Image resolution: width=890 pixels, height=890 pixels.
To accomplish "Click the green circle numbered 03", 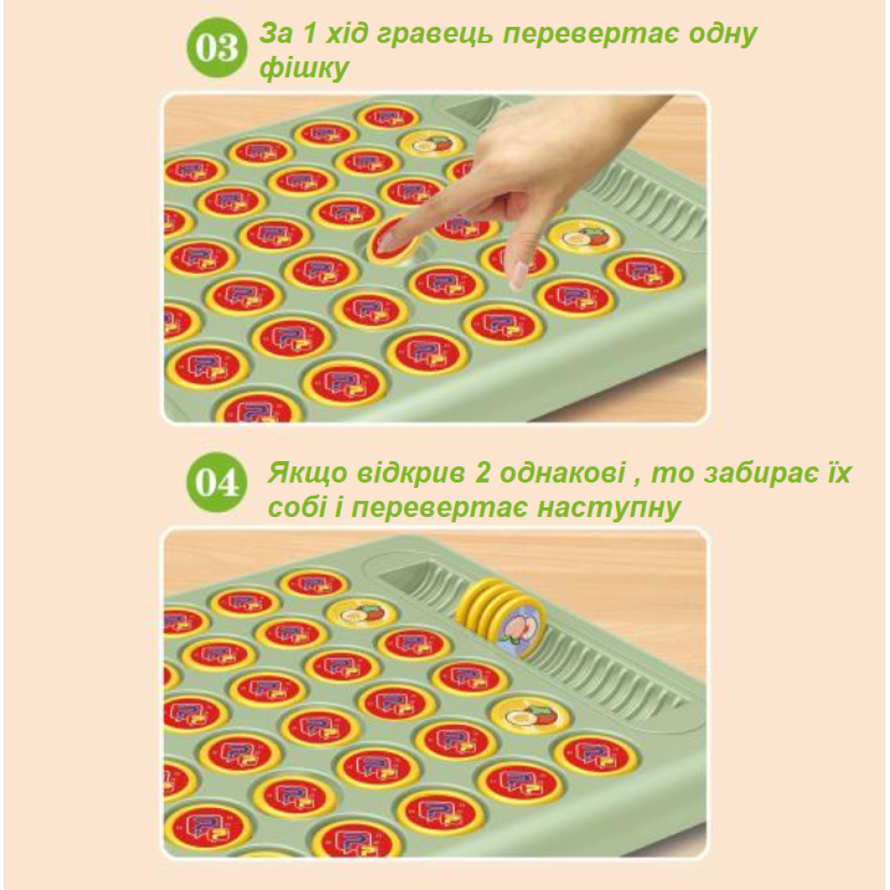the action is click(x=217, y=48).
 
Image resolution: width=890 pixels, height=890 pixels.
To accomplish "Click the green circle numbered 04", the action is click(x=217, y=482).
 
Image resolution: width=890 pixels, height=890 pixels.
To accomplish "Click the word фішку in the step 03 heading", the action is click(x=304, y=69).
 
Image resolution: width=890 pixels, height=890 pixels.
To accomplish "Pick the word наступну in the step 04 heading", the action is click(x=609, y=507).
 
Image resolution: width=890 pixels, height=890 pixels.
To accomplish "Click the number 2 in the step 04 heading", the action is click(x=482, y=473).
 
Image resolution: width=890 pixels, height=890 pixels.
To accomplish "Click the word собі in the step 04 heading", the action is click(x=297, y=507).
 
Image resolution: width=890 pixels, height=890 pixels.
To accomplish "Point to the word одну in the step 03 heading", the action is click(x=723, y=34).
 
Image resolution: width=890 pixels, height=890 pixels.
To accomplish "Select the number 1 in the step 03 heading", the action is click(x=308, y=34).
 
